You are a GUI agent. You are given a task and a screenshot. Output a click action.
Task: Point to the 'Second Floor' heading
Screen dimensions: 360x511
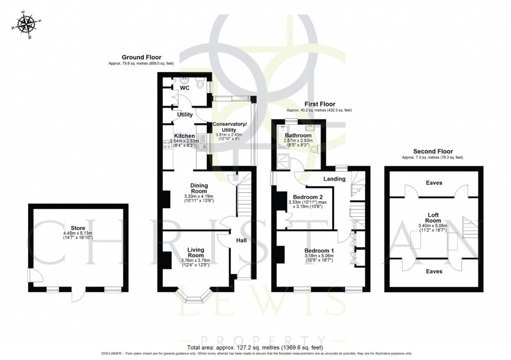tap(433, 151)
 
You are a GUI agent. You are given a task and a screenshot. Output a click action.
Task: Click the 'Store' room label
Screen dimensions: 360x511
tap(78, 228)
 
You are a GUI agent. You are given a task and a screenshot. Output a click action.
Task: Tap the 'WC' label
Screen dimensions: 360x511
tap(185, 88)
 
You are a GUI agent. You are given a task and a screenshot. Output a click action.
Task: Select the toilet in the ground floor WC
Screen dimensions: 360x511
tap(201, 85)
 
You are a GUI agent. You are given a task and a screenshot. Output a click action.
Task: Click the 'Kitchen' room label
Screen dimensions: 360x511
tap(184, 136)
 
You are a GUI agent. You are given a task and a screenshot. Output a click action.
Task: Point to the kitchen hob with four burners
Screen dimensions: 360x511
tap(166, 145)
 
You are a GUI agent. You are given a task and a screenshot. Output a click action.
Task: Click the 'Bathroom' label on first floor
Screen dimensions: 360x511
tap(298, 135)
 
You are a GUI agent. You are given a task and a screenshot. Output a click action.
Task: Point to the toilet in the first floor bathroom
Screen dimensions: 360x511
tap(315, 149)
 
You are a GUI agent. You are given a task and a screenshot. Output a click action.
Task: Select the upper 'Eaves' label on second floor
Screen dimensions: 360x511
tap(434, 183)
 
